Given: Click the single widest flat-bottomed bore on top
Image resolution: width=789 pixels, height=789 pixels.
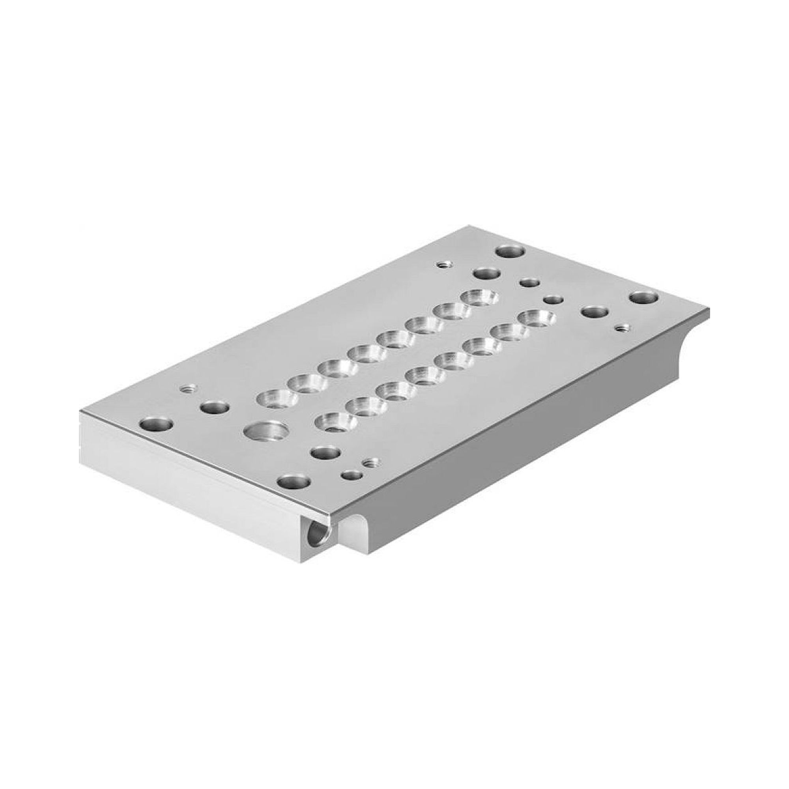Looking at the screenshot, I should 266,431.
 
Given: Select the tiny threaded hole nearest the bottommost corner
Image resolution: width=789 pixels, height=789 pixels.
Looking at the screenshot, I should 371,463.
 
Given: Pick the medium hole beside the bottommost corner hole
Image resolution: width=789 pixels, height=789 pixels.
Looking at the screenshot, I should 325,452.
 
